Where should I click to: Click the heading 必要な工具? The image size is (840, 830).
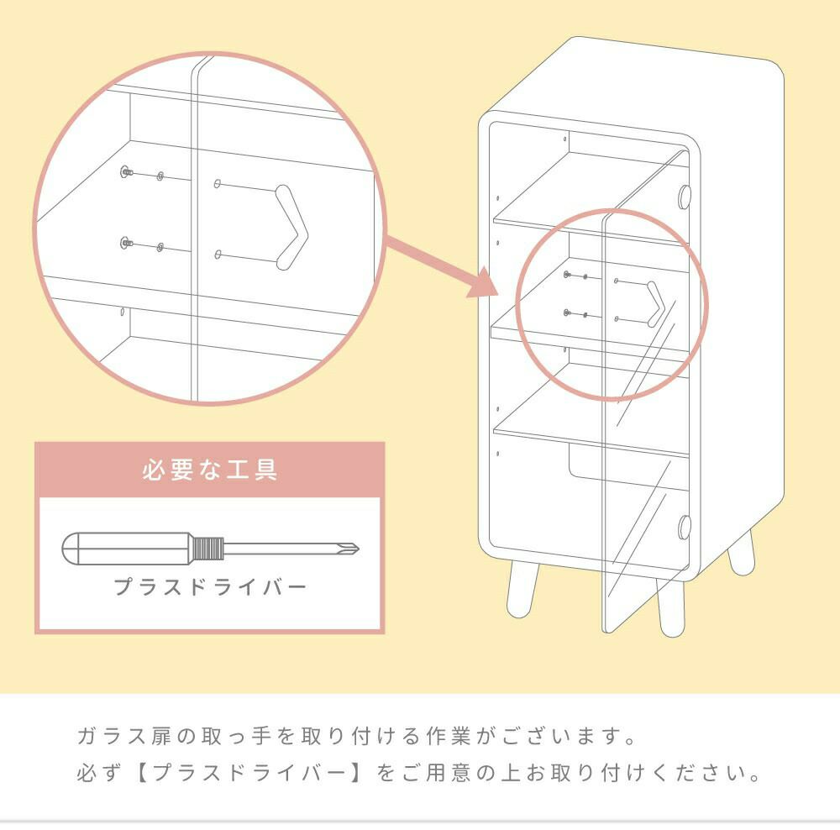pyautogui.click(x=209, y=470)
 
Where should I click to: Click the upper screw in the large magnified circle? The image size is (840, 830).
pyautogui.click(x=127, y=171)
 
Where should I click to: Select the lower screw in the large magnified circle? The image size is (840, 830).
pyautogui.click(x=127, y=244)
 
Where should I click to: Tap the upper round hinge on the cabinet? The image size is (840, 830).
pyautogui.click(x=684, y=197)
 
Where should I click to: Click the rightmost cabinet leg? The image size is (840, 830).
pyautogui.click(x=741, y=555)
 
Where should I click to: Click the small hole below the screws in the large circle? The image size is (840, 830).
pyautogui.click(x=123, y=312)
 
